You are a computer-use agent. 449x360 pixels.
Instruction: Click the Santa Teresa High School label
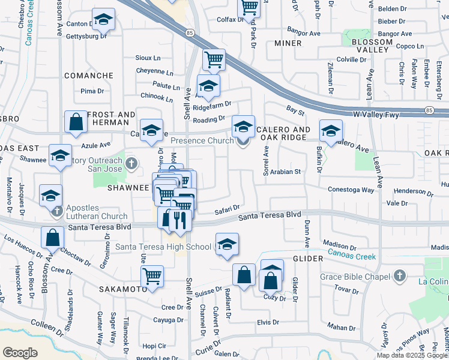163,247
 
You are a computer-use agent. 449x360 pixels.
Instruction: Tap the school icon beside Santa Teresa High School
227,244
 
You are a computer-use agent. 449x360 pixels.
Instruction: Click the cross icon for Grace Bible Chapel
400,276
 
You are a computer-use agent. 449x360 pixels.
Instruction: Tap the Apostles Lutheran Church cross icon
57,211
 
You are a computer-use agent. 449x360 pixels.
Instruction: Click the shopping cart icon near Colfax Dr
249,8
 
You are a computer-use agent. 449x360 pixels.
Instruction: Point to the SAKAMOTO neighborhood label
122,289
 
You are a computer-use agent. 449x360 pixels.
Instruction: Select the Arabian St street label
285,172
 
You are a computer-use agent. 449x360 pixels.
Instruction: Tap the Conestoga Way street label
351,190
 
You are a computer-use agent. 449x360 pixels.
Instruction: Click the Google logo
20,353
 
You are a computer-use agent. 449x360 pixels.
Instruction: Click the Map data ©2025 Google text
412,355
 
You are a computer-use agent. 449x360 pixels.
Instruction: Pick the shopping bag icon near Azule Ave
77,122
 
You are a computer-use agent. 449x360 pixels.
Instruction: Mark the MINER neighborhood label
288,43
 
